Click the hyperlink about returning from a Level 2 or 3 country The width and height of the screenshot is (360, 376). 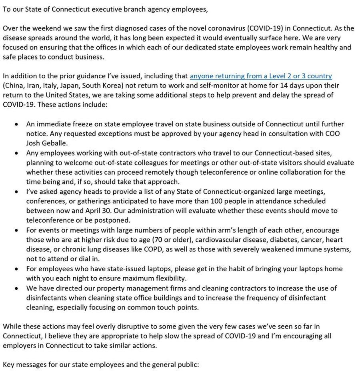click(x=261, y=76)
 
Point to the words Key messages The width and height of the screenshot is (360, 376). click(x=25, y=365)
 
